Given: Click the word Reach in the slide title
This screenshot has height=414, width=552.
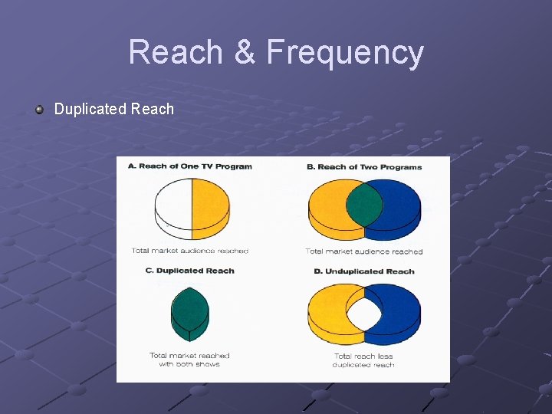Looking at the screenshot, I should (176, 52).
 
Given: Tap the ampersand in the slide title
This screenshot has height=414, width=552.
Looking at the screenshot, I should (244, 52).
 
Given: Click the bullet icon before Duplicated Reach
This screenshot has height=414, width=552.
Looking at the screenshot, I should (39, 109).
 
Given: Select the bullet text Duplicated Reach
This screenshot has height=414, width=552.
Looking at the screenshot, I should (113, 109).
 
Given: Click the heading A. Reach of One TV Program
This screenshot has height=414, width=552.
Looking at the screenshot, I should (189, 166).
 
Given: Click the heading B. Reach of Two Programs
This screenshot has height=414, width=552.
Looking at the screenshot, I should (364, 166).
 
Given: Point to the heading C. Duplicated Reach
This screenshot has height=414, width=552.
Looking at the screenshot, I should (189, 271).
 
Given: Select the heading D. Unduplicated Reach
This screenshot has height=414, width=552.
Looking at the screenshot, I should (364, 271).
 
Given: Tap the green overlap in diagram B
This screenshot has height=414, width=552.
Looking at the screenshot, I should (364, 204).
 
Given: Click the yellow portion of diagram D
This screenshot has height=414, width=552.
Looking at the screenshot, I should (325, 310).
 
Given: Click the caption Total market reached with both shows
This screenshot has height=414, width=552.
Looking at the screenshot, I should (189, 360).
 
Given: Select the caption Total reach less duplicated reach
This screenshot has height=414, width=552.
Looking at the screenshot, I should (363, 360).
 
